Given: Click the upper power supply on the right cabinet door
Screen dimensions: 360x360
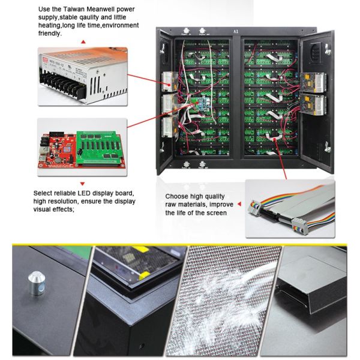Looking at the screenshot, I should point(314,80).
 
